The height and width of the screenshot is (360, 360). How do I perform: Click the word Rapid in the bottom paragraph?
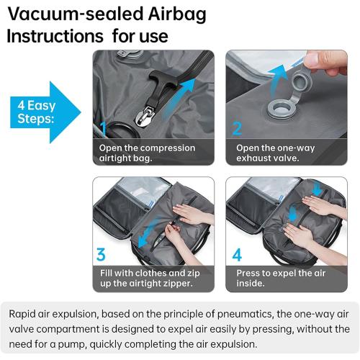tap(27, 314)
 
